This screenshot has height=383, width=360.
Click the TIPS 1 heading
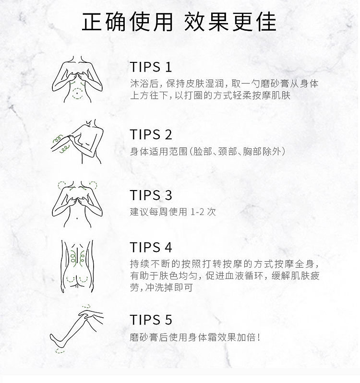click(x=151, y=67)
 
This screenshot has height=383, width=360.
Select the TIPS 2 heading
click(x=151, y=134)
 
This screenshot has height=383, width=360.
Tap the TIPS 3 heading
click(x=151, y=195)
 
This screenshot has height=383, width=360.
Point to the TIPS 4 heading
click(x=151, y=247)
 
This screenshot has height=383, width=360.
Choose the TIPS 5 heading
click(x=151, y=320)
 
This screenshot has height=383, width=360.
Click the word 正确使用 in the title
click(x=127, y=22)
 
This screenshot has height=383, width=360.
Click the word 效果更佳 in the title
click(x=230, y=22)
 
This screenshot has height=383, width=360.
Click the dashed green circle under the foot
click(x=60, y=351)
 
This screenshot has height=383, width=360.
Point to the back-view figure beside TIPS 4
click(x=77, y=266)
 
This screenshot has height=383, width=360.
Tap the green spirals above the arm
click(x=58, y=138)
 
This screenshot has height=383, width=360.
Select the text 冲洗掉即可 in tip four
click(x=169, y=287)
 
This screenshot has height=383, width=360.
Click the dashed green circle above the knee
click(x=86, y=306)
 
